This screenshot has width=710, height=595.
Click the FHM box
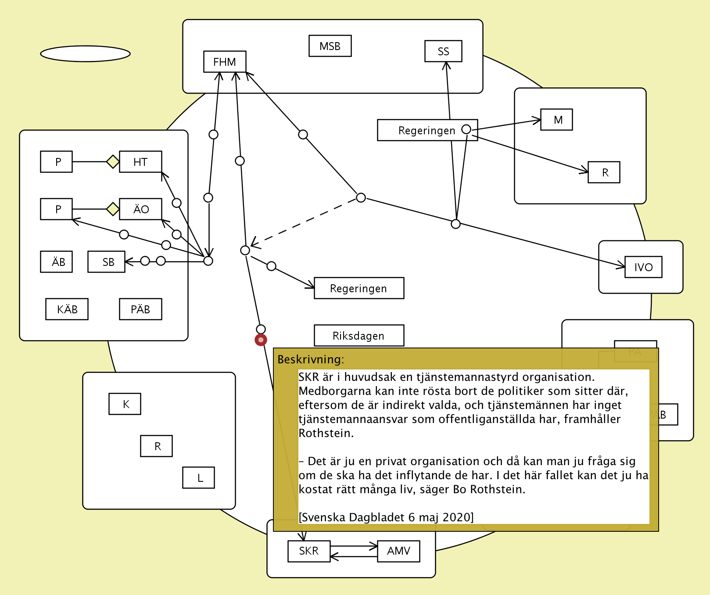(x=225, y=62)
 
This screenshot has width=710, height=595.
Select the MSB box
(x=330, y=46)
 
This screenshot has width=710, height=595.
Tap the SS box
(x=443, y=51)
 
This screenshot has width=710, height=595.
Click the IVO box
(x=643, y=267)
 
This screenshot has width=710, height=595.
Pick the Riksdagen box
(x=359, y=336)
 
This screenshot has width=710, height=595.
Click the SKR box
(x=308, y=551)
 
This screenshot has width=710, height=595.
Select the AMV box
(x=398, y=551)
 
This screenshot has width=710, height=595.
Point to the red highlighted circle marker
(x=261, y=340)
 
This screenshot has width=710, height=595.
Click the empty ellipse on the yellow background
(x=85, y=54)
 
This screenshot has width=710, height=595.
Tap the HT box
(x=140, y=162)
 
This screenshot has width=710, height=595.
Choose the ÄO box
(x=140, y=209)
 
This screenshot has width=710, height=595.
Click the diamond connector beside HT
(x=113, y=161)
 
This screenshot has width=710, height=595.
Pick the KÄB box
(x=67, y=309)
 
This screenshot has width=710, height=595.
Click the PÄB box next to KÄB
(x=140, y=309)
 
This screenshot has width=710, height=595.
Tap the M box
(x=556, y=120)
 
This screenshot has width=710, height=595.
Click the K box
(x=125, y=404)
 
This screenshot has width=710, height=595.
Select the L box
(x=198, y=478)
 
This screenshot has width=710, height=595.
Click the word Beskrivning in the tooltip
(x=310, y=359)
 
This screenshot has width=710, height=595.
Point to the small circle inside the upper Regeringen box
(x=466, y=129)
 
